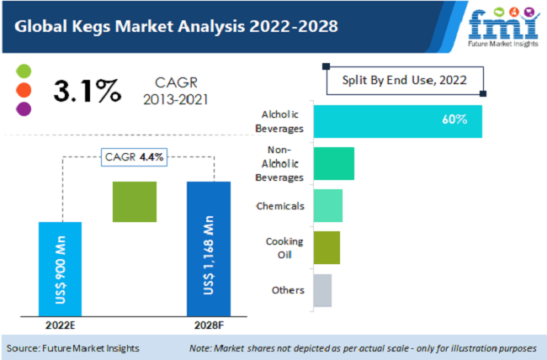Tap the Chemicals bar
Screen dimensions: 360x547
pyautogui.click(x=327, y=205)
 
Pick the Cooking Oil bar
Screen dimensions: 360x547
pyautogui.click(x=327, y=247)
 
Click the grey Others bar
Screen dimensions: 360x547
pyautogui.click(x=322, y=290)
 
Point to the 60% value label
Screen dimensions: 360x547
pyautogui.click(x=454, y=120)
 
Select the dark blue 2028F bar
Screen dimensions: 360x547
pyautogui.click(x=209, y=250)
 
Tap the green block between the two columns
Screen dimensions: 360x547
pyautogui.click(x=135, y=202)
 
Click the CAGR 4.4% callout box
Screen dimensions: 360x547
pyautogui.click(x=135, y=157)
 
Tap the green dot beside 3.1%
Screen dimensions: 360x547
pyautogui.click(x=24, y=71)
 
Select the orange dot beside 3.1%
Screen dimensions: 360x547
pyautogui.click(x=24, y=89)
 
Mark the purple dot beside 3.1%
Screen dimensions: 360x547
pyautogui.click(x=24, y=108)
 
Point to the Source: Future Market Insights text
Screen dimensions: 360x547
pyautogui.click(x=73, y=347)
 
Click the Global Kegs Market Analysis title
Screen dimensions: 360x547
pyautogui.click(x=176, y=26)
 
